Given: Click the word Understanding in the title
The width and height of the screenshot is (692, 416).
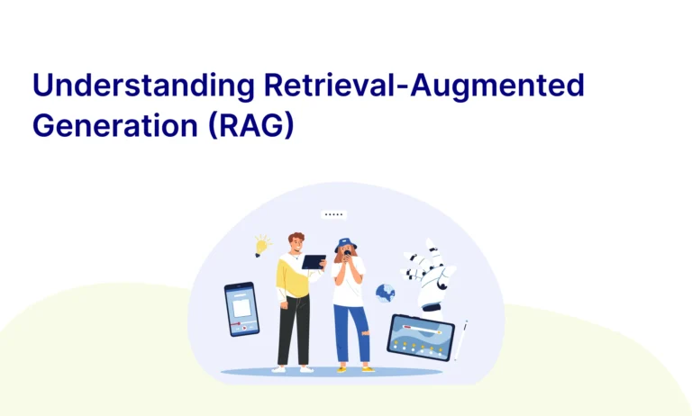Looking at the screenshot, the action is tap(143, 86).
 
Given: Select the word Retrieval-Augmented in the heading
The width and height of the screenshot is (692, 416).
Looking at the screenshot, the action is tap(424, 86).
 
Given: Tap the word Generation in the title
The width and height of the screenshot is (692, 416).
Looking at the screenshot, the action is tap(115, 125).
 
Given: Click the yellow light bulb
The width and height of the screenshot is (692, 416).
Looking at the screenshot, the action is tap(261, 246).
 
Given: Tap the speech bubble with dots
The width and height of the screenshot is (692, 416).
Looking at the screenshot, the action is tap(333, 215).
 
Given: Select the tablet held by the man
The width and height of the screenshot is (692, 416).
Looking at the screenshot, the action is tap(314, 262).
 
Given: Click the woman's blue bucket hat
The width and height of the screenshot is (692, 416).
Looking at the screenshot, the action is tap(345, 244).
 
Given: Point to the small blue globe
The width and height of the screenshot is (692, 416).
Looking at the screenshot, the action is tap(386, 294).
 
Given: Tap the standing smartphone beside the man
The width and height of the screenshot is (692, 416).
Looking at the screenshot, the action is tap(241, 309).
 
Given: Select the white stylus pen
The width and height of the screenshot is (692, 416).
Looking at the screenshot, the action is tap(461, 340).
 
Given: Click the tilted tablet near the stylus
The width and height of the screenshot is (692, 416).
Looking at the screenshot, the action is tap(421, 338).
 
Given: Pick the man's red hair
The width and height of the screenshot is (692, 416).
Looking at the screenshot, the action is tap(296, 238).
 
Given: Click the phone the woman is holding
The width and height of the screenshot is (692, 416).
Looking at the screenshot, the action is tap(347, 255).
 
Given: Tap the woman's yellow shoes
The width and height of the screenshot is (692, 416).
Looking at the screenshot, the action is tap(354, 369).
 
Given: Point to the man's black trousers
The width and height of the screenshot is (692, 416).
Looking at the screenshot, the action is tap(295, 329).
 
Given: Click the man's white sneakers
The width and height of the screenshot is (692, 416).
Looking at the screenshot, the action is tap(293, 369).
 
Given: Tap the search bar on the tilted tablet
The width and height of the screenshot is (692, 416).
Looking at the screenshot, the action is tap(423, 330).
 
